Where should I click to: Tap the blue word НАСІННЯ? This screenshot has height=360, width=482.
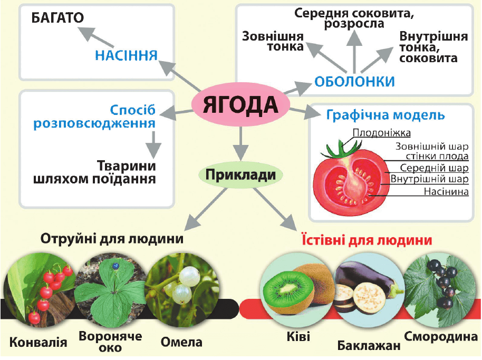pyautogui.click(x=127, y=55)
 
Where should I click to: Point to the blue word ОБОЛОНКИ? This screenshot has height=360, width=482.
pyautogui.click(x=354, y=81)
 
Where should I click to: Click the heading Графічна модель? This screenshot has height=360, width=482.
pyautogui.click(x=385, y=115)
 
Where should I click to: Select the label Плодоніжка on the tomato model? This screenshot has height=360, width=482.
pyautogui.click(x=382, y=133)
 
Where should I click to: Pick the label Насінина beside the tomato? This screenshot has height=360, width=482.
pyautogui.click(x=446, y=192)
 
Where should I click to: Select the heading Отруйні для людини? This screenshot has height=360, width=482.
pyautogui.click(x=112, y=238)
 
